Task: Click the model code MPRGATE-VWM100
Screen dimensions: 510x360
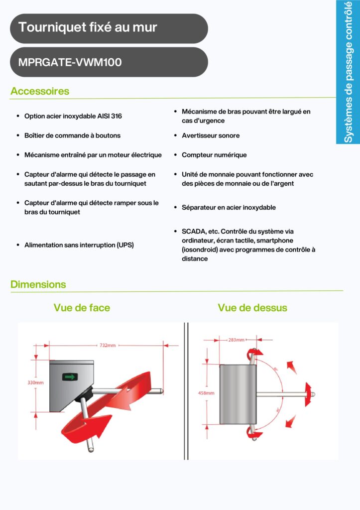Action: pos(70,63)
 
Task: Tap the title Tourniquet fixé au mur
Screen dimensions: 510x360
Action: pos(88,27)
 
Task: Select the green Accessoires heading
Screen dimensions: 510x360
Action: pos(40,91)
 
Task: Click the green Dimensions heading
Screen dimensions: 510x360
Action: pos(38,284)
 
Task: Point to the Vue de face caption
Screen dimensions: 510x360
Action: pos(82,308)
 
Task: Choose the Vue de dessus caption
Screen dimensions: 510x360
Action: pos(252,308)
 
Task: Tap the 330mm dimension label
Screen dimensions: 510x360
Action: pos(35,382)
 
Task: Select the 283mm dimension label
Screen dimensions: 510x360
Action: pos(236,340)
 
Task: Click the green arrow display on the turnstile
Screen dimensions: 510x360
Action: pos(69,377)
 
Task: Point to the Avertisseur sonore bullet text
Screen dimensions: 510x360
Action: pos(211,135)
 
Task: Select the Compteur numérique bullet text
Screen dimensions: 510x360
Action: pos(214,155)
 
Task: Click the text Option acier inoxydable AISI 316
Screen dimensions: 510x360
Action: pos(73,116)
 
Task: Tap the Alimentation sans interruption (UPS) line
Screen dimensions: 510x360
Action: pos(79,245)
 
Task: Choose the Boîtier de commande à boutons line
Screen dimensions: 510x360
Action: pos(72,135)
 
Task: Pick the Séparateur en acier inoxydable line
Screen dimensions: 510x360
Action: pos(229,207)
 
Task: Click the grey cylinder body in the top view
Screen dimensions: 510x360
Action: pos(237,394)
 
